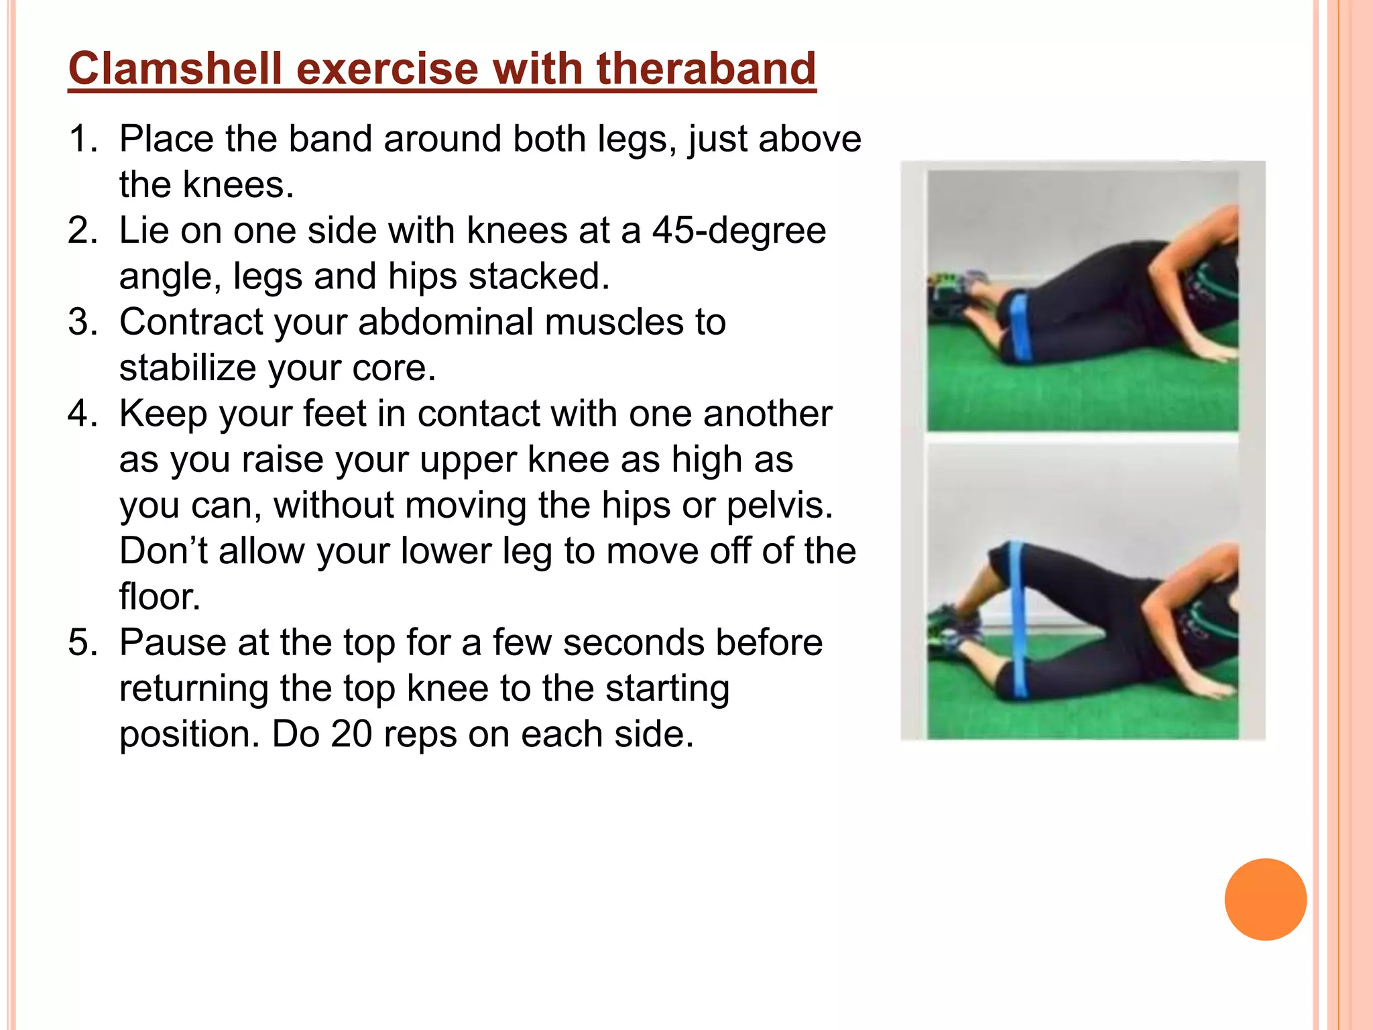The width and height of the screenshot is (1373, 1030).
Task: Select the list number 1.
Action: pyautogui.click(x=82, y=139)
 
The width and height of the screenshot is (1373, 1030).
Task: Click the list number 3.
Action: pyautogui.click(x=82, y=323)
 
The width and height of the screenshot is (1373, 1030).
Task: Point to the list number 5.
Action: pyautogui.click(x=82, y=643)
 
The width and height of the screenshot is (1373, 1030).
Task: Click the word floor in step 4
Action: pyautogui.click(x=160, y=597)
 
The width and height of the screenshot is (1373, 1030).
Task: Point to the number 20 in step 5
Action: pyautogui.click(x=351, y=734)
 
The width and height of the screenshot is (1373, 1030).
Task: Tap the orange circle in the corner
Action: pyautogui.click(x=1265, y=899)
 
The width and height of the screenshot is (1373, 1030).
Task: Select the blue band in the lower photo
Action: pyautogui.click(x=1019, y=617)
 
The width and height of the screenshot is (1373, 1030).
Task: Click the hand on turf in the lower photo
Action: pyautogui.click(x=1210, y=687)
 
